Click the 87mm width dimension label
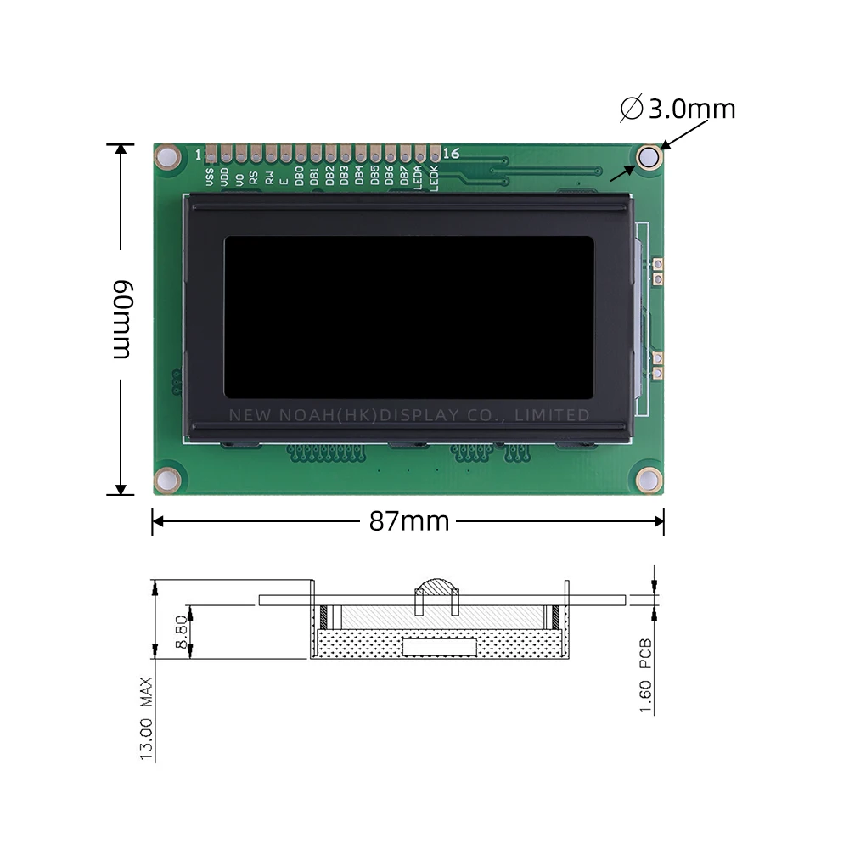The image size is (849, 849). click(408, 521)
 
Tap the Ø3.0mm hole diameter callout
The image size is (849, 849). click(679, 109)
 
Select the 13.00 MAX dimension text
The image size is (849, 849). click(148, 718)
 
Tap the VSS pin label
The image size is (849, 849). click(210, 176)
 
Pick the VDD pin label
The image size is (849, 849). click(224, 177)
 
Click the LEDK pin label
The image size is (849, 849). click(434, 178)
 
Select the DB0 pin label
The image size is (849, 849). click(299, 177)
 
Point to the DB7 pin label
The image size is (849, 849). click(404, 177)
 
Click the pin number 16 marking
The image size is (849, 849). click(451, 154)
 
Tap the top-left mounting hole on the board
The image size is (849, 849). click(167, 158)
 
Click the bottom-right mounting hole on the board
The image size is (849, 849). click(649, 479)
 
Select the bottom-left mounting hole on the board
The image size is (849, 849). click(167, 479)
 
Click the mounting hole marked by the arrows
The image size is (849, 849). click(649, 156)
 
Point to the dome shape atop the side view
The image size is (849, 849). click(436, 588)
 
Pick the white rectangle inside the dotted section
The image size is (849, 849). click(439, 648)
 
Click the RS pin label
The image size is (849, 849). click(254, 177)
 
